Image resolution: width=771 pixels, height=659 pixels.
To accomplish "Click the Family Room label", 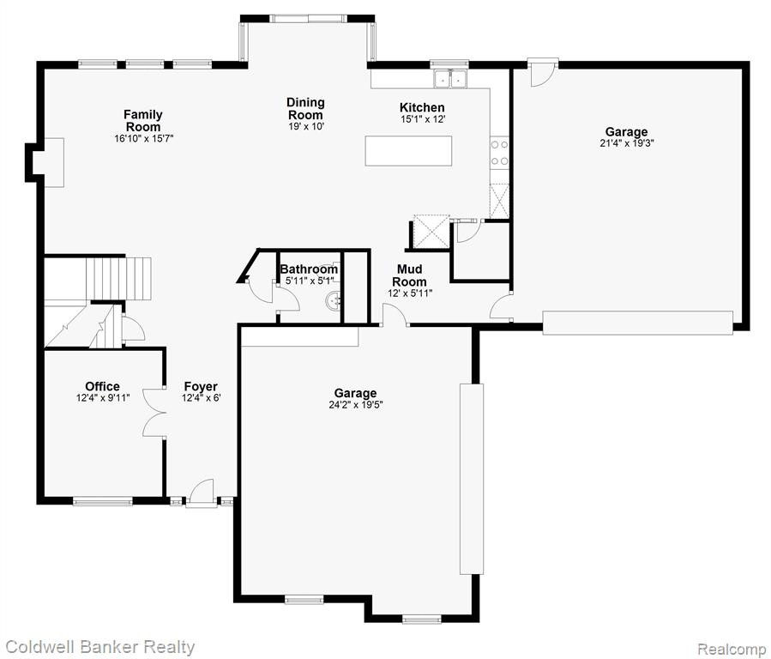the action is pos(143,120).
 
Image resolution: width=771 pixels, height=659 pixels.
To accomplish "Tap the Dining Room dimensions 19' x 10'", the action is pos(306,126).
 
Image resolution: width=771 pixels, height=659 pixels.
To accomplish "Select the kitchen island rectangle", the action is pos(408,151).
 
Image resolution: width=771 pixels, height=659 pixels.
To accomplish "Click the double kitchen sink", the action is pos(450,79).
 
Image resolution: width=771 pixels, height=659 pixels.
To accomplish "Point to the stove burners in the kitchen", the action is pos(500,152).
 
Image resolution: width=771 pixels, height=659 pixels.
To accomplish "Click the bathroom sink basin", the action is pos(334,300).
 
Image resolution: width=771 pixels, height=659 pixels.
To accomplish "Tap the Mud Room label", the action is pos(410,275).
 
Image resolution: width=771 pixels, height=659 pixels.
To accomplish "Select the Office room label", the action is pos(102,386).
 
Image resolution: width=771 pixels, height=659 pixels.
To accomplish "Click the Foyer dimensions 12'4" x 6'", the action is pos(201,398).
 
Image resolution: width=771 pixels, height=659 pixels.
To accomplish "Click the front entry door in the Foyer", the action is pos(201,493).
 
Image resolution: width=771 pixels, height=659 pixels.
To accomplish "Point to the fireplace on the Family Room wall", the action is pos(45,162).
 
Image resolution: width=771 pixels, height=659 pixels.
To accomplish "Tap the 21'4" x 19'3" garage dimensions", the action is pos(626,143).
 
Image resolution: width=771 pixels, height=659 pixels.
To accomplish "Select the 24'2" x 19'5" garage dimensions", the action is pos(356,405).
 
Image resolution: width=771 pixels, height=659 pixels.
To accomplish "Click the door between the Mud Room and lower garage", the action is pos(395,316).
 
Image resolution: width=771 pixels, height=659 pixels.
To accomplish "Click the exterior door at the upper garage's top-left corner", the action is pos(543,72).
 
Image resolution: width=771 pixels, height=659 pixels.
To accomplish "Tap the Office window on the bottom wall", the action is pos(103,501).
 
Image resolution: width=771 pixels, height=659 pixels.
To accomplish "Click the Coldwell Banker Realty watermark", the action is pos(100,647).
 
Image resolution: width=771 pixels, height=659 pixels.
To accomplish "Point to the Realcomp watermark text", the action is pos(732,650).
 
